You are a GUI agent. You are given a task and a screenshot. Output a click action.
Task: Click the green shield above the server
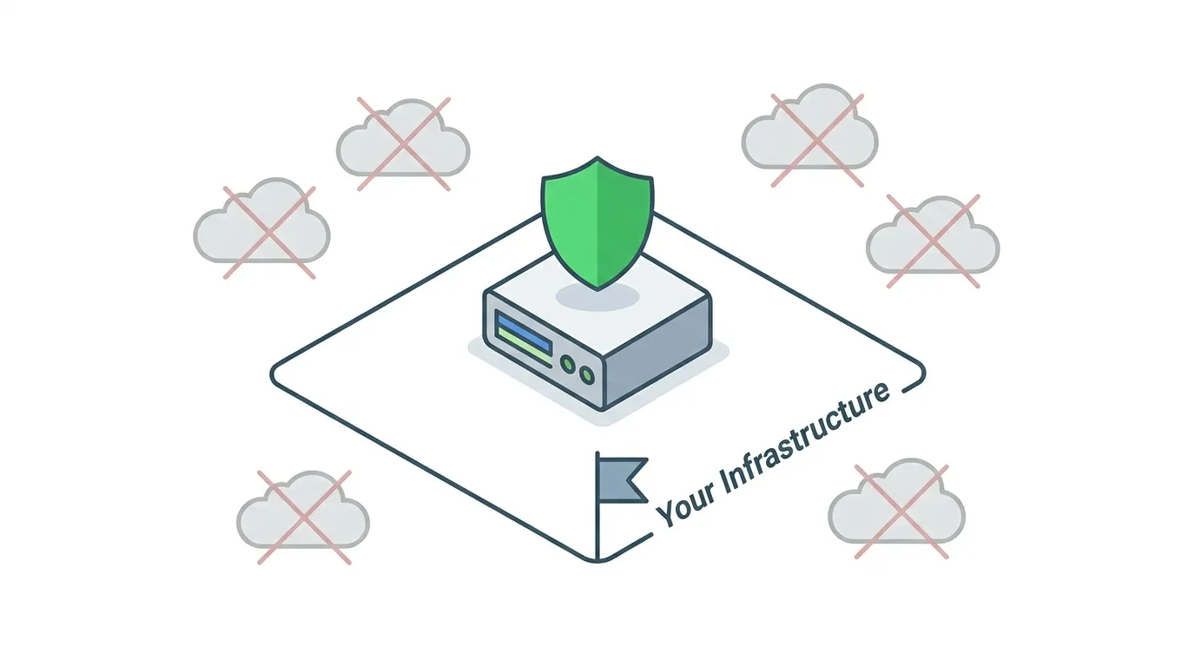pos(597,223)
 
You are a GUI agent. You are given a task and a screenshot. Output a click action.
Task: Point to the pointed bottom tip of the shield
pos(597,290)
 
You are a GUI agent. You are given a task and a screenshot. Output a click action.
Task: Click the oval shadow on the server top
pos(597,297)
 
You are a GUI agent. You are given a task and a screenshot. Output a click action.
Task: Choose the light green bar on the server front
pos(524,347)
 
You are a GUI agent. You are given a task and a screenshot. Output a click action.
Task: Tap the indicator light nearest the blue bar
pos(568,365)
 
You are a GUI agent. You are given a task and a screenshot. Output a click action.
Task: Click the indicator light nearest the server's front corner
pos(587,375)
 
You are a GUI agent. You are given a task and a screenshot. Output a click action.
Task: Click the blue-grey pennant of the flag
pos(622,480)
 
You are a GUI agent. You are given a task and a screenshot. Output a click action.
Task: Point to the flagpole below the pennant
pos(597,531)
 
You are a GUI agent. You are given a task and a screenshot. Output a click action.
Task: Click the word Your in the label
pos(686,505)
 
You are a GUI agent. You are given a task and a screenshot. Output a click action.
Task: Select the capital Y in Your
pos(666,513)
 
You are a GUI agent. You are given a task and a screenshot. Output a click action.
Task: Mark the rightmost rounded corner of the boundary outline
pos(922,373)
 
